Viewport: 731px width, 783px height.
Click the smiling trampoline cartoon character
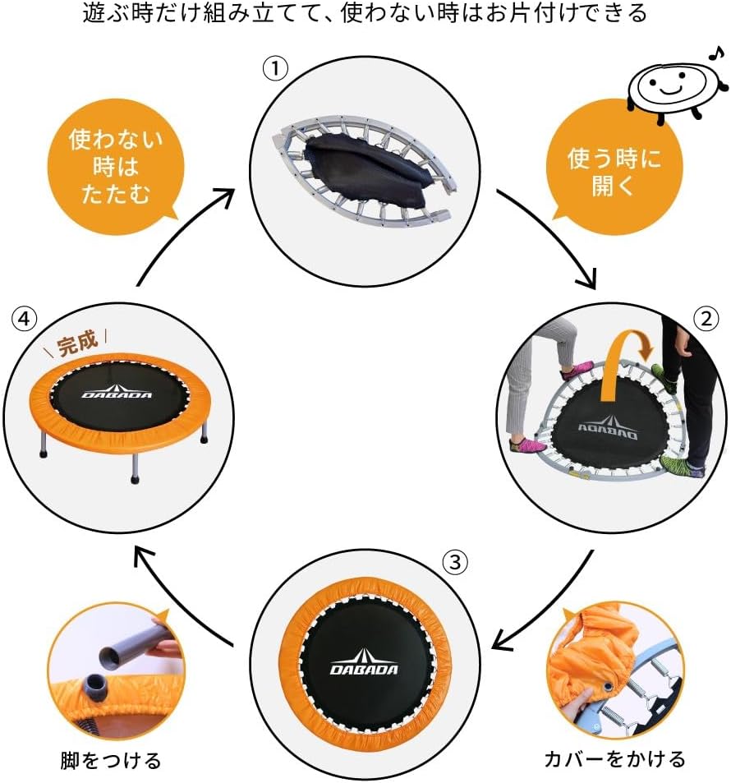pyautogui.click(x=674, y=84)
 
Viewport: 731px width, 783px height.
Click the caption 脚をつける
pyautogui.click(x=110, y=758)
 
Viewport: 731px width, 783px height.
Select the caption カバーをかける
pyautogui.click(x=614, y=758)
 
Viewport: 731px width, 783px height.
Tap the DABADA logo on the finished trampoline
pyautogui.click(x=117, y=393)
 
